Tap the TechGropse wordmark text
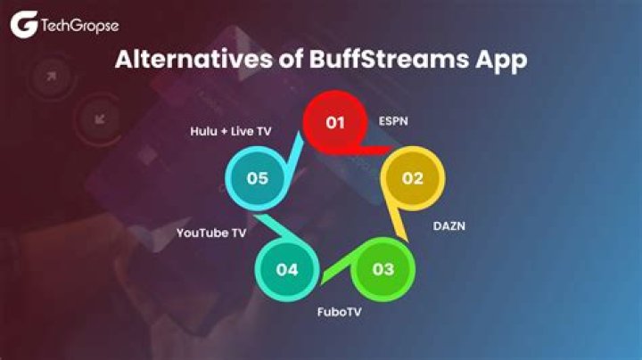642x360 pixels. click(78, 27)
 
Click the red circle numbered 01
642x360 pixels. click(334, 123)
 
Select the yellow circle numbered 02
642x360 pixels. click(412, 178)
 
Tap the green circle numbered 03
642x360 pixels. click(383, 268)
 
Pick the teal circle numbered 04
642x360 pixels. click(287, 268)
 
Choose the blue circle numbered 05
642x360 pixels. click(258, 178)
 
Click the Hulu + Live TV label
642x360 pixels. click(231, 131)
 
